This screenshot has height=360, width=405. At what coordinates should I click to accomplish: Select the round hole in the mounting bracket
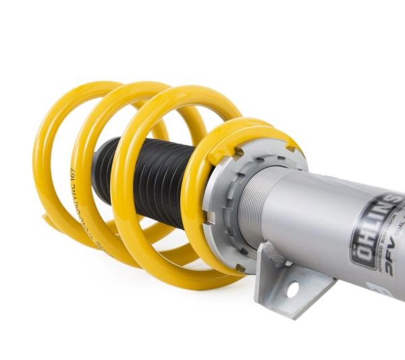tap(292, 289)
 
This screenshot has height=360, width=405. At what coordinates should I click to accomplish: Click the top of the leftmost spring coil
tap(74, 88)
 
